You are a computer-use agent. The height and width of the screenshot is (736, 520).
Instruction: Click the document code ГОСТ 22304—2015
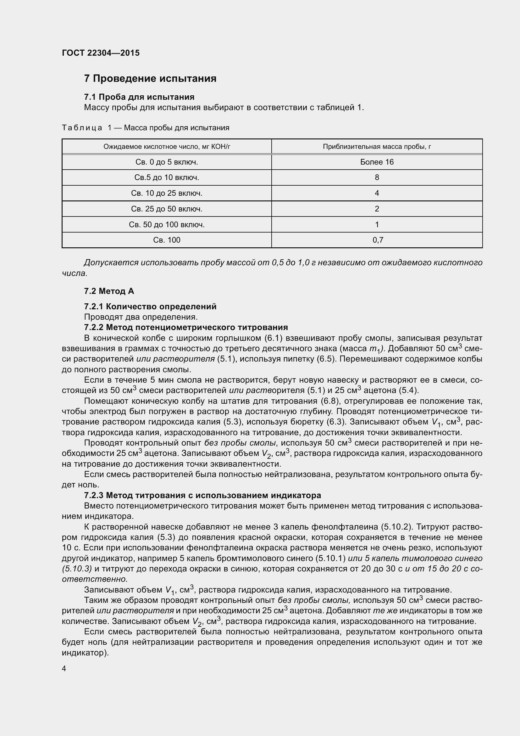pos(101,53)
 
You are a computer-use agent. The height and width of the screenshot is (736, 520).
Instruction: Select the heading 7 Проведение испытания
pos(150,79)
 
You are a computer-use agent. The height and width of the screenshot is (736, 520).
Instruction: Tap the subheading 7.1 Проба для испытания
pos(139,97)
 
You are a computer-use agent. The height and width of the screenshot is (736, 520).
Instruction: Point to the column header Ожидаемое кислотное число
pos(167,147)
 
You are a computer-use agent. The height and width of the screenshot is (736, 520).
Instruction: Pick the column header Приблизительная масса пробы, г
pos(377,147)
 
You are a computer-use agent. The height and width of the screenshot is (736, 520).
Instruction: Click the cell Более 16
pos(377,162)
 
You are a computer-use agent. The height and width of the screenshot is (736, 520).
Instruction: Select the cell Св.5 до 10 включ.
pos(167,177)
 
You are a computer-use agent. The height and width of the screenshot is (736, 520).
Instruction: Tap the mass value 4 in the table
pos(377,193)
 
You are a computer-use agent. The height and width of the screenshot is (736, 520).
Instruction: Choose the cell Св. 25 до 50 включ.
pos(167,209)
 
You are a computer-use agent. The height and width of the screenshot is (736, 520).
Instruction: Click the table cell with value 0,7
pos(378,240)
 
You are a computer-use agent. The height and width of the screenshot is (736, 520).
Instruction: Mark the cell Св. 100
pos(167,240)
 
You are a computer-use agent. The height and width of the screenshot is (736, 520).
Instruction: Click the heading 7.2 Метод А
pos(109,291)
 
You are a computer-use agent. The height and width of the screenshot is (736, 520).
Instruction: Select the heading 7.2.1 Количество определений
pos(150,306)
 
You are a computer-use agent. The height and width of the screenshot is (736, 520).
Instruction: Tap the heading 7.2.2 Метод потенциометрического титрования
pos(186,327)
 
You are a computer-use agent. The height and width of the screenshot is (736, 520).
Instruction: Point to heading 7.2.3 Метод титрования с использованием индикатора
pos(202,495)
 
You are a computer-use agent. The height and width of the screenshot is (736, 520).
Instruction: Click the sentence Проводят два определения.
pos(141,317)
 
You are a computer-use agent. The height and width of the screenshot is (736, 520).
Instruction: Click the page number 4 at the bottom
pos(64,668)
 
